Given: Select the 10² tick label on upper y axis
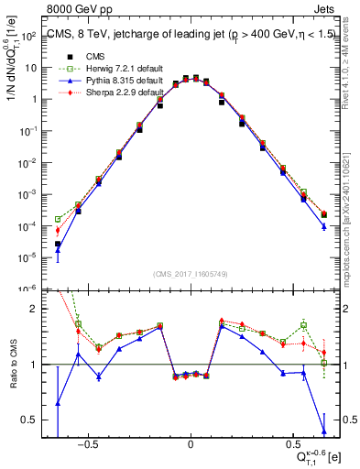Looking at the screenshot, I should click(32, 36).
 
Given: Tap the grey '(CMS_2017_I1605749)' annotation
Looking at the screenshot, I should click(191, 274).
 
